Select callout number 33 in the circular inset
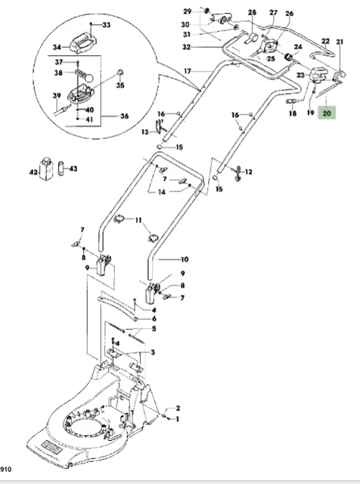106,26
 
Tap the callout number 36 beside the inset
125,116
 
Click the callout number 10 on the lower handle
184,258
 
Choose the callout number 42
33,173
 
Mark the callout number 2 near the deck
178,408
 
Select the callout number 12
248,172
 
